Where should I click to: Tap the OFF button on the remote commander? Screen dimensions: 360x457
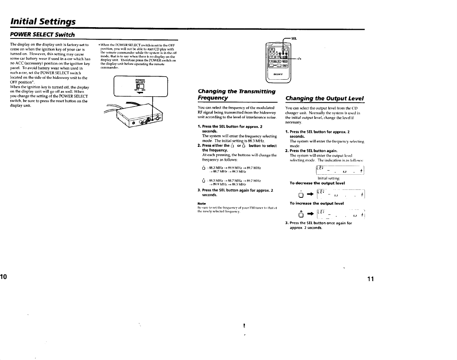click(x=271, y=49)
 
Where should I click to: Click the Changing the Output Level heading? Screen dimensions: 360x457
click(x=325, y=98)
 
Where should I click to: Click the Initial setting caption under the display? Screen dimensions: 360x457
click(x=329, y=178)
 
